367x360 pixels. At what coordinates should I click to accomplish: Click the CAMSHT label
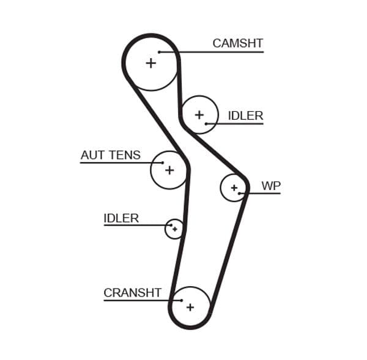pos(237,43)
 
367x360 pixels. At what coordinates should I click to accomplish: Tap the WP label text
pos(270,185)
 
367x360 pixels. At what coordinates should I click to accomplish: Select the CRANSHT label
pos(132,293)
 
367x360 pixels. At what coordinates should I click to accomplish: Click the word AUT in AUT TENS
pos(92,155)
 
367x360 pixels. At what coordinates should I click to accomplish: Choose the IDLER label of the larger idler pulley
pos(245,116)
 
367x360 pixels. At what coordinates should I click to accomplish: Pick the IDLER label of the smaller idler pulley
pos(121,218)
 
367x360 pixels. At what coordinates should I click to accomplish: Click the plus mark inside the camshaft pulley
pos(150,62)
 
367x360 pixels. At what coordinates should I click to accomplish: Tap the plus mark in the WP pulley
pos(234,188)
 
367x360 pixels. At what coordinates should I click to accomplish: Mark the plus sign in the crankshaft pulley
pos(190,307)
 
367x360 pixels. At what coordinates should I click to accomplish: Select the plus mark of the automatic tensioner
pos(169,170)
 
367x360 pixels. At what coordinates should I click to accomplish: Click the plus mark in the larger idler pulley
pos(199,114)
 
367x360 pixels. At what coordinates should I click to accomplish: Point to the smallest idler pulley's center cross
pos(175,229)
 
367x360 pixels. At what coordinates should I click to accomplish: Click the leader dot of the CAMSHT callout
pos(159,52)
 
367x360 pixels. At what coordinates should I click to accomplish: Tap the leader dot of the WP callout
pos(240,194)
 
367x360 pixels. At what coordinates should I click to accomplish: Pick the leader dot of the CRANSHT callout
pos(182,300)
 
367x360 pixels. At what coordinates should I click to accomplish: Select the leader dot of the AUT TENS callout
pos(162,163)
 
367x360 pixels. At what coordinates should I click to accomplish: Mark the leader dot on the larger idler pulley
pos(207,124)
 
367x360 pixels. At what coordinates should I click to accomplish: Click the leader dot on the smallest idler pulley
pos(171,226)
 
